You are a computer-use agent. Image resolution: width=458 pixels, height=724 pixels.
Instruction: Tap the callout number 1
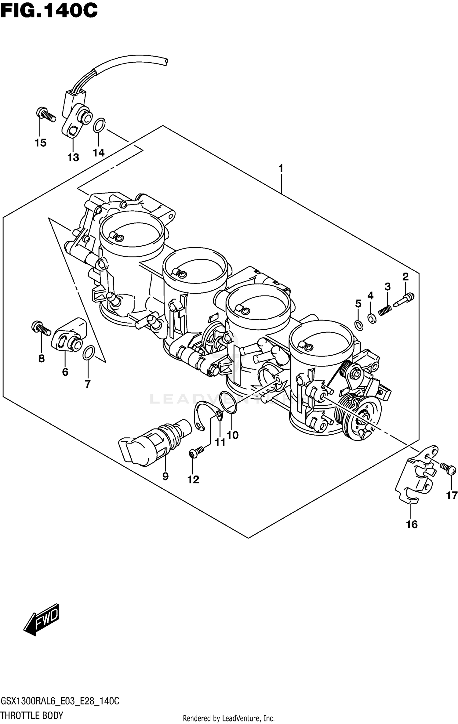pyautogui.click(x=281, y=168)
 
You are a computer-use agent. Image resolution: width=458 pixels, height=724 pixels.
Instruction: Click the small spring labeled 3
pyautogui.click(x=385, y=311)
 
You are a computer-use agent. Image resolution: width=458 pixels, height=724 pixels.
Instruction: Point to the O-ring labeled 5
pyautogui.click(x=359, y=325)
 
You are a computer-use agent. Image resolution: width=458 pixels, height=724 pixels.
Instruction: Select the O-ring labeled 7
pyautogui.click(x=89, y=353)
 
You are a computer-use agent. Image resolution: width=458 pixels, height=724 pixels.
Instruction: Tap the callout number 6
pyautogui.click(x=65, y=372)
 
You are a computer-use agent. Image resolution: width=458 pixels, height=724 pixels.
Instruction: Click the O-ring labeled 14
pyautogui.click(x=99, y=125)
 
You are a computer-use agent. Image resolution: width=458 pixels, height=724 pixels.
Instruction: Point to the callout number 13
pyautogui.click(x=73, y=157)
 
